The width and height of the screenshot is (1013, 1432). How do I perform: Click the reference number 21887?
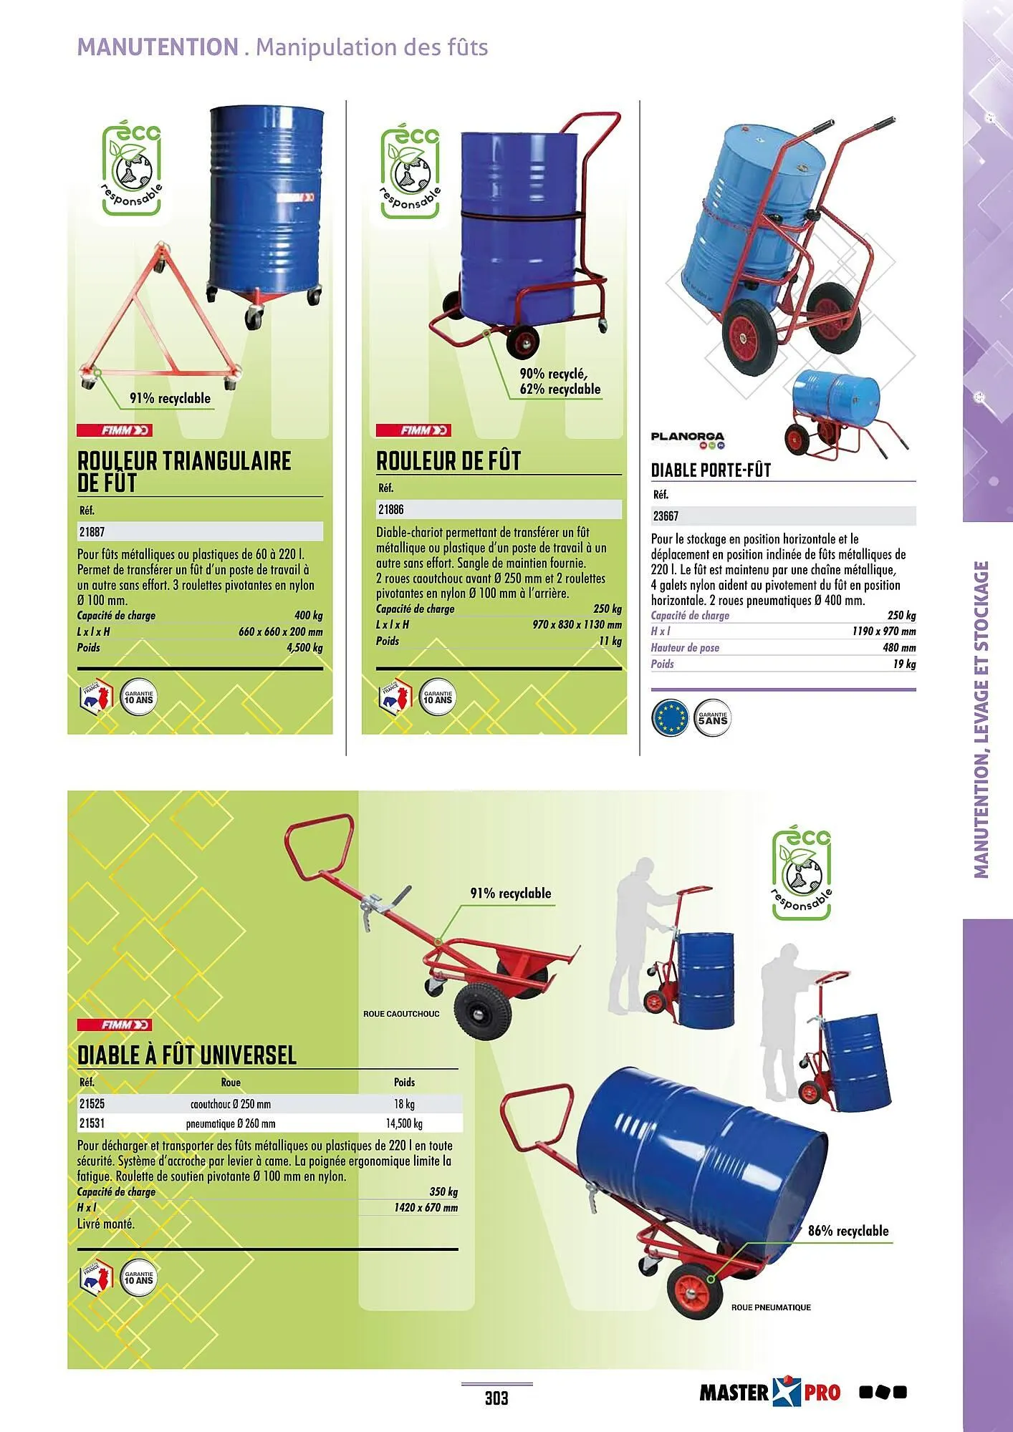click(x=92, y=532)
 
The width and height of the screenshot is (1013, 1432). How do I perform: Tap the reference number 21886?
click(x=390, y=509)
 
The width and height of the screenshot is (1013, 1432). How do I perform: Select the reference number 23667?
click(x=666, y=516)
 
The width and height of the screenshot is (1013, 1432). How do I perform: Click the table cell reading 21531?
click(x=92, y=1123)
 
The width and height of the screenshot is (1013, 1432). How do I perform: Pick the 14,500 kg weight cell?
click(x=404, y=1123)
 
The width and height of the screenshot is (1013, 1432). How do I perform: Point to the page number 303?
click(x=496, y=1397)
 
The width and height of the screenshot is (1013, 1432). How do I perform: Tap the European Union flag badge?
click(x=671, y=717)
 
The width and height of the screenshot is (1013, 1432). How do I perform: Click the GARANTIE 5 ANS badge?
click(x=713, y=717)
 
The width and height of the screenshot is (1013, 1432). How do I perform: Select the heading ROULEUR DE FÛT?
click(x=448, y=461)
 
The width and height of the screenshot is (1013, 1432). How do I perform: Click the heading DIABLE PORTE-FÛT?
click(x=711, y=470)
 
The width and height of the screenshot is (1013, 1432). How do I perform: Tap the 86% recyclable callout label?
click(x=848, y=1231)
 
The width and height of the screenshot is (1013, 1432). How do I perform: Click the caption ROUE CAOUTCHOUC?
click(x=401, y=1014)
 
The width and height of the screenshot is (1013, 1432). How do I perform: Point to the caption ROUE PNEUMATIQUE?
click(x=771, y=1307)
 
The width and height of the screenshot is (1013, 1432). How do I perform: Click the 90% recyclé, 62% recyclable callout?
click(x=560, y=382)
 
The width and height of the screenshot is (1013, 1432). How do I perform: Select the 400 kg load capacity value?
click(x=308, y=616)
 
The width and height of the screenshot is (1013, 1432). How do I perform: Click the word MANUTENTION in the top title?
click(x=158, y=47)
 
